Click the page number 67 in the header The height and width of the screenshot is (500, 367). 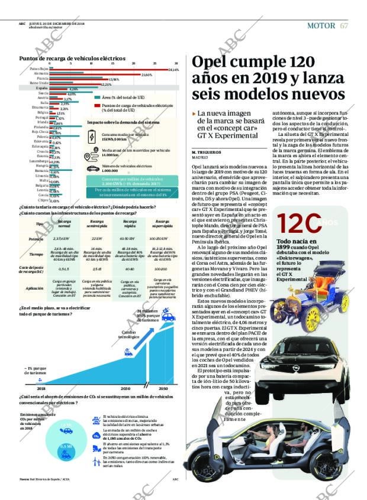[344, 25]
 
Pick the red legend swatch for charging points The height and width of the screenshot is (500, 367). [97, 105]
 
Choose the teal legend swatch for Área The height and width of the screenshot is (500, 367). [97, 96]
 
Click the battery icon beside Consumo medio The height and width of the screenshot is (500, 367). [92, 137]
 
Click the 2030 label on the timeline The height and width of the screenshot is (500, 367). [125, 388]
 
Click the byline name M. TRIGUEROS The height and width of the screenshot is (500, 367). [206, 152]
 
